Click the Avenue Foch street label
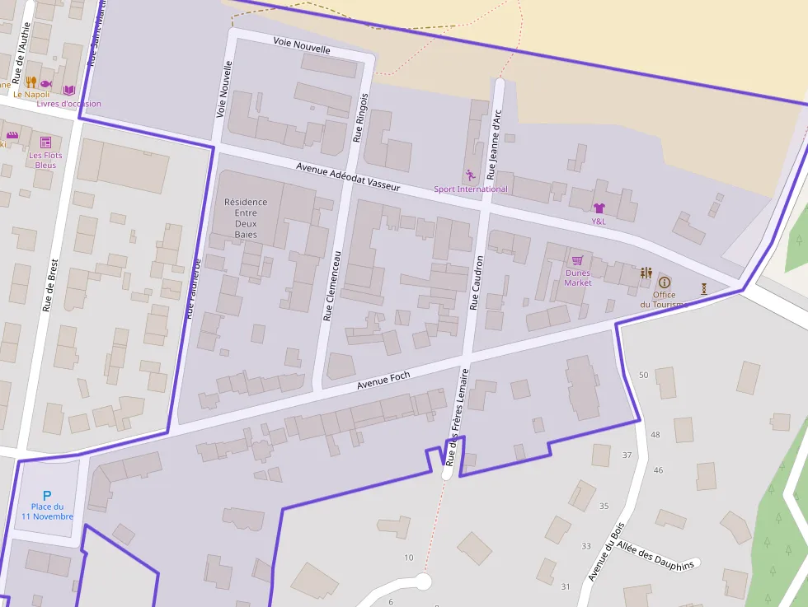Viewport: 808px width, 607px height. pos(383,381)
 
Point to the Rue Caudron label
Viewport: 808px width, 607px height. pos(476,282)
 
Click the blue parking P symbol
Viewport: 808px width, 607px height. pos(47,496)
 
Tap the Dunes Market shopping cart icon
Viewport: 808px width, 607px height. pos(577,260)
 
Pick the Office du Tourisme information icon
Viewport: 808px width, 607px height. pos(665,282)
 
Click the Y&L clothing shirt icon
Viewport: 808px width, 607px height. pos(599,208)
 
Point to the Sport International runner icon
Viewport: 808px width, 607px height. pos(471,175)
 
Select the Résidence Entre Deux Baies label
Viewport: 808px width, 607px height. pos(246,218)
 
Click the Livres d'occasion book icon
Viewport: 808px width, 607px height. pos(69,90)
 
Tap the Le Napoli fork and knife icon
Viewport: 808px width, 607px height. pos(31,82)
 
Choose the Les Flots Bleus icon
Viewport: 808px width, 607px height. pos(45,142)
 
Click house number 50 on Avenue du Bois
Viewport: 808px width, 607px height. pos(644,375)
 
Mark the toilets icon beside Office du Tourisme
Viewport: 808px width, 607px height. pos(646,273)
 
